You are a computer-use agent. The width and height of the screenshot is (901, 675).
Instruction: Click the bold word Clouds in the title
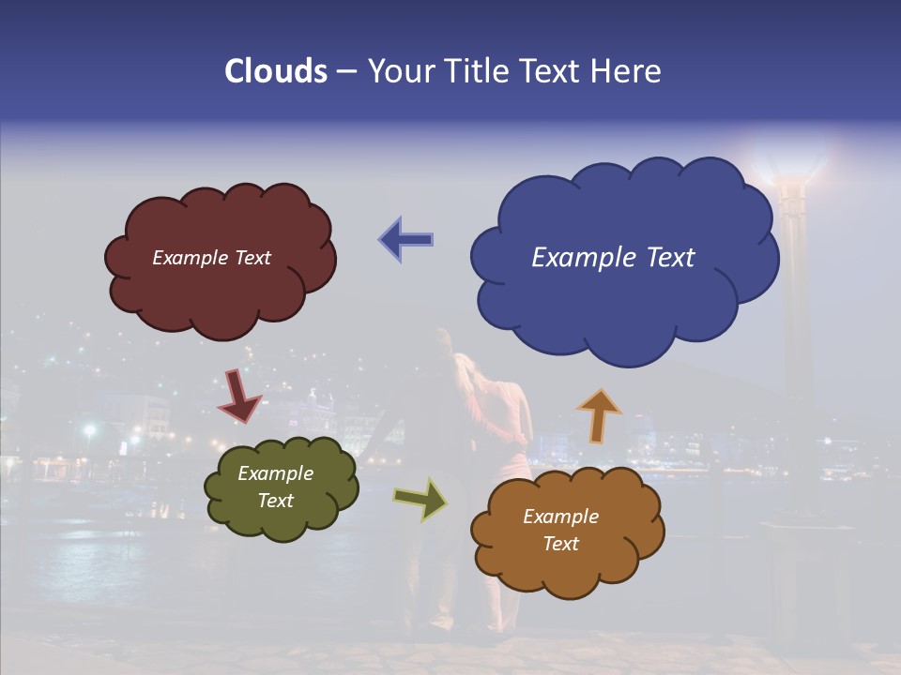276,71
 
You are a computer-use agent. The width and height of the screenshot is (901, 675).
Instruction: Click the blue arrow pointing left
406,239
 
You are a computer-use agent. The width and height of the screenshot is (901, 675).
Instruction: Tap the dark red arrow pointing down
239,396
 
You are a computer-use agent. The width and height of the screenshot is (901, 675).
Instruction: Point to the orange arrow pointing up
599,415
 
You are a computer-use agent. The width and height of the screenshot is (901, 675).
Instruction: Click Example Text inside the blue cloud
613,258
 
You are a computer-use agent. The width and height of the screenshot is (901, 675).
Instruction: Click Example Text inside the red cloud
211,258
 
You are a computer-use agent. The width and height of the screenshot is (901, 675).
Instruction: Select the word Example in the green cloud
275,473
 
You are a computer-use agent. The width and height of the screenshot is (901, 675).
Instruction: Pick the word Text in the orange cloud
560,544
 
